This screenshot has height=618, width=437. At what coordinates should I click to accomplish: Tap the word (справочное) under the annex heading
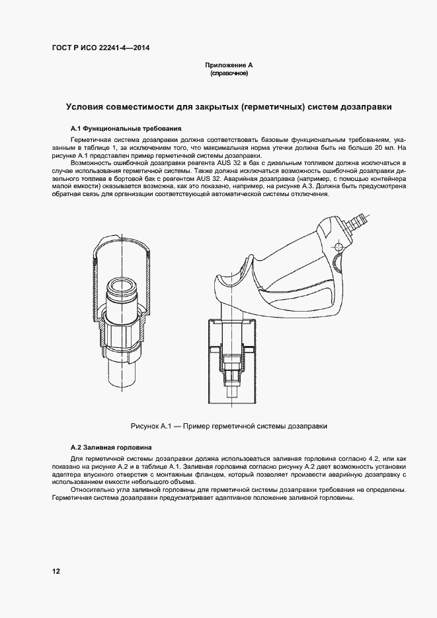pyautogui.click(x=229, y=74)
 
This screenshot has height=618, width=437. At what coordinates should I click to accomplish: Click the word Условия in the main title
pyautogui.click(x=87, y=106)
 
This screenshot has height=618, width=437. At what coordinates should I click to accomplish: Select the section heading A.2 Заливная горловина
pyautogui.click(x=111, y=447)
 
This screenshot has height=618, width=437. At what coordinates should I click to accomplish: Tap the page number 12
pyautogui.click(x=56, y=570)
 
